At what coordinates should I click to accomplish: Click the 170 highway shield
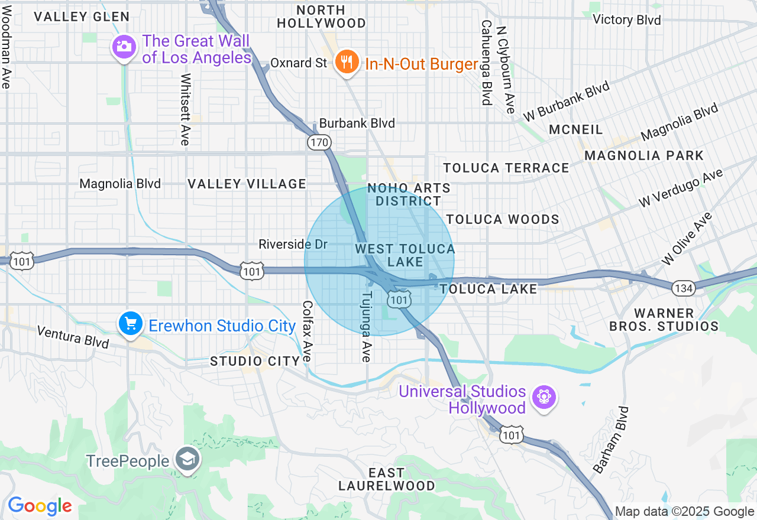pos(319,142)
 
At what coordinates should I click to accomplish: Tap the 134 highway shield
pos(682,288)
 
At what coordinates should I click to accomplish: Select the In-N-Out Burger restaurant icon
pos(347,62)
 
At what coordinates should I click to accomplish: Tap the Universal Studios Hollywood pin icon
pos(544,396)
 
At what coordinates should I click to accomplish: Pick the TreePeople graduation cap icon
pos(187,460)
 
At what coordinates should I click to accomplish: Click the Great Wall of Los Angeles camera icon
pos(124,47)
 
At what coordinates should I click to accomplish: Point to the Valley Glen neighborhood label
pos(82,17)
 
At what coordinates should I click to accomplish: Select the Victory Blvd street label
pos(626,20)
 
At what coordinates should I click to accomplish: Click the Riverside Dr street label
pos(293,244)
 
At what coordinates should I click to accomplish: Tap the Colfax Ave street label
pos(307,331)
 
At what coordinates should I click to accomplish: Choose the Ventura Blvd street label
pos(73,337)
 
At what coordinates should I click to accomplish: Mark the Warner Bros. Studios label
pos(664,320)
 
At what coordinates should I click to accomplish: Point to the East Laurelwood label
pos(386,479)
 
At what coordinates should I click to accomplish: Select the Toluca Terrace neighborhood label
pos(506,168)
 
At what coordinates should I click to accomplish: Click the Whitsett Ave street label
pos(185,109)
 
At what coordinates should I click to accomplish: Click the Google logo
pos(40,506)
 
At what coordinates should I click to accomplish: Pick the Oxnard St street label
pos(298,63)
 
